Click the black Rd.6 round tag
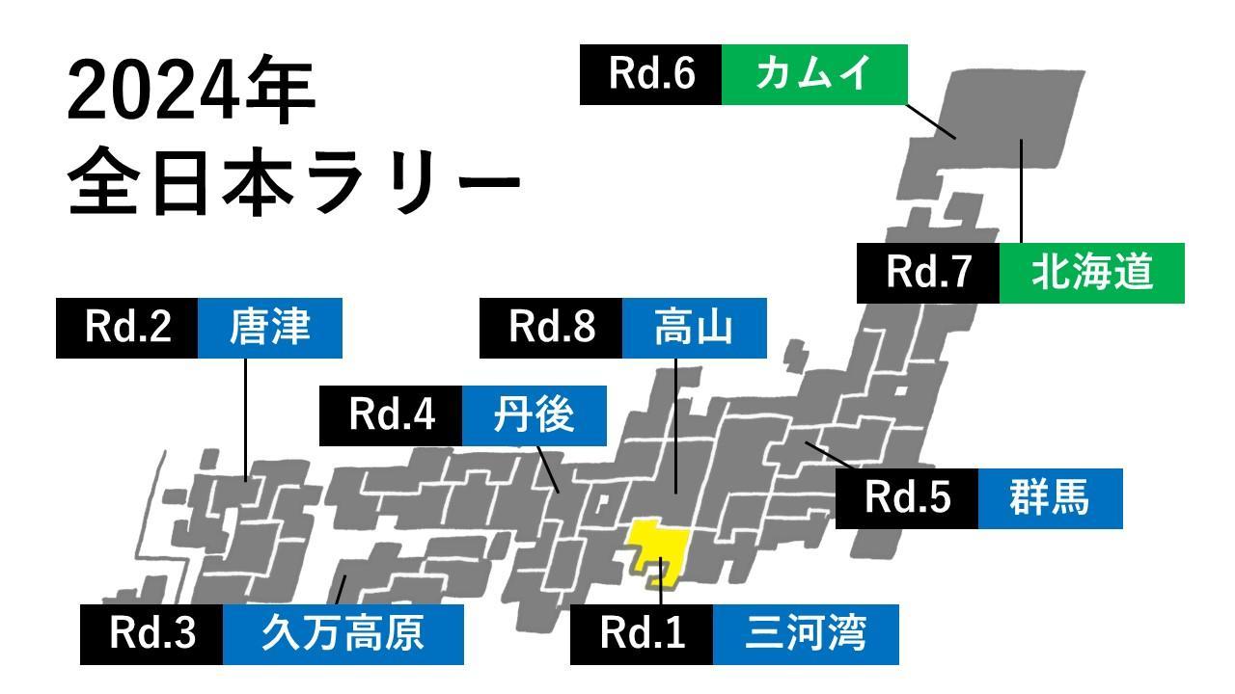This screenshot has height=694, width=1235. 650,74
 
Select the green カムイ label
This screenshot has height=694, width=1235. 814,74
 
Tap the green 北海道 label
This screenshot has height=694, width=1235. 1091,273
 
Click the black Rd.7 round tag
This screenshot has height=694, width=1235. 927,273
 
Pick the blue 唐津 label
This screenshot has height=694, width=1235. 269,328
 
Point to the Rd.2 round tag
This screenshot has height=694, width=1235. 127,328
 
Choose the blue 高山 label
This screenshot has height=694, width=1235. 694,328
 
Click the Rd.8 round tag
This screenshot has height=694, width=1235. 551,328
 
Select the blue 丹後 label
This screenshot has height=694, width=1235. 534,415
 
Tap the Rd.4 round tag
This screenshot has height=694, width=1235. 391,415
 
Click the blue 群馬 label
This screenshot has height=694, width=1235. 1050,498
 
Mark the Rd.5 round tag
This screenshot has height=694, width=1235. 907,498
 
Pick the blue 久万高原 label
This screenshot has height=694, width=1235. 343,634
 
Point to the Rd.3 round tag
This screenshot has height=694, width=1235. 151,634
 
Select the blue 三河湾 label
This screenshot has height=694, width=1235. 806,634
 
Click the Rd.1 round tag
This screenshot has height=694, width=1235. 642,634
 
